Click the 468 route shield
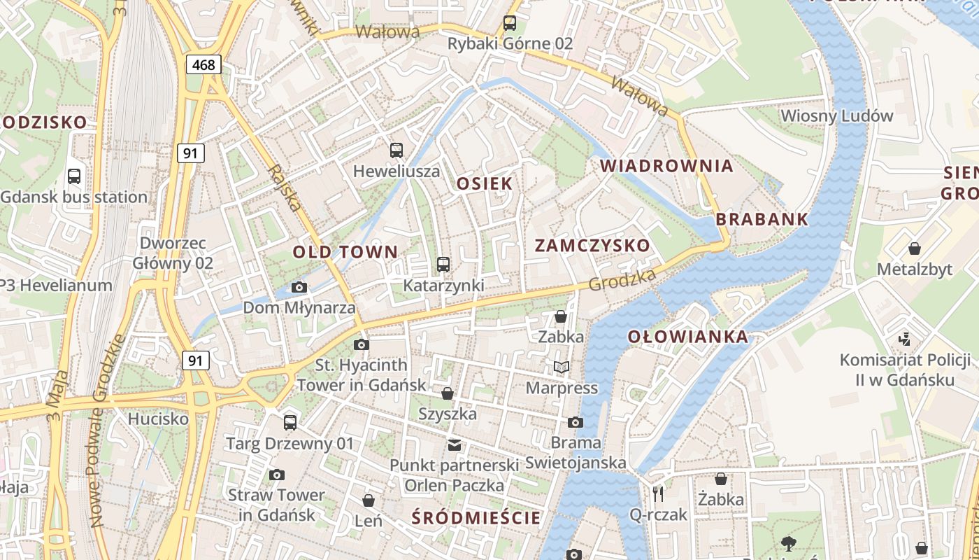click(203, 65)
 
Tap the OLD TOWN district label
click(345, 252)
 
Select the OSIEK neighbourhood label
click(485, 183)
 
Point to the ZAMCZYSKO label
click(592, 246)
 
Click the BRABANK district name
click(762, 219)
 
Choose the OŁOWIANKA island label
click(687, 337)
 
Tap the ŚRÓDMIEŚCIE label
click(476, 518)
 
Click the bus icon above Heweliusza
click(396, 150)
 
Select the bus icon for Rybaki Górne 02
click(510, 23)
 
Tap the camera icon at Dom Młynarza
click(299, 287)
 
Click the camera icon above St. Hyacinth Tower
click(362, 344)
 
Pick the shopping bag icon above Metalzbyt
click(914, 248)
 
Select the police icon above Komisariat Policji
click(905, 339)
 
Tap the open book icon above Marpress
click(561, 367)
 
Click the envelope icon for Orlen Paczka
click(455, 444)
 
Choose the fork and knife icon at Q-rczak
click(657, 494)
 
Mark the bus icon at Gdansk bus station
click(74, 176)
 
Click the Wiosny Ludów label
click(836, 115)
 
